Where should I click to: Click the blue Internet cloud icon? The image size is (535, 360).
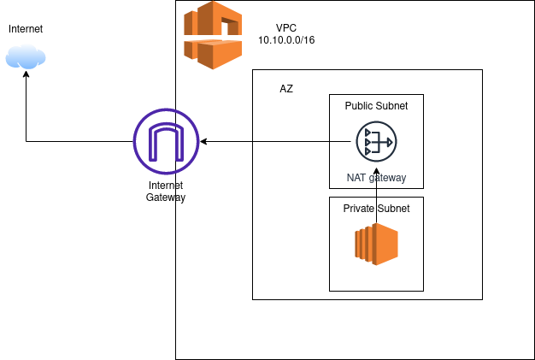click(26, 57)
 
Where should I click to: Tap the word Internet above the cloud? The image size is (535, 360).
click(26, 30)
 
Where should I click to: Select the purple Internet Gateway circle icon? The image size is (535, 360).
click(166, 141)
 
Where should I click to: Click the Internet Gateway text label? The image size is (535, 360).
click(166, 191)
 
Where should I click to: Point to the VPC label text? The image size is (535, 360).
click(287, 28)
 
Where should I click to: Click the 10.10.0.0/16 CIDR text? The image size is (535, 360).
click(287, 40)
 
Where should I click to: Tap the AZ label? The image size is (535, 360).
click(286, 89)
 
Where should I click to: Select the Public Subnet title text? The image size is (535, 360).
click(376, 106)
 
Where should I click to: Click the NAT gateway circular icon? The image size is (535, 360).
click(376, 141)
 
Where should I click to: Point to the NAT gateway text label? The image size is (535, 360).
click(376, 178)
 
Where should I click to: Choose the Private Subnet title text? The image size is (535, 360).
click(376, 209)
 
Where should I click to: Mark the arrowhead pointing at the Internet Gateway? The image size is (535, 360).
click(205, 141)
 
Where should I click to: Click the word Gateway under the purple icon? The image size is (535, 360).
click(166, 198)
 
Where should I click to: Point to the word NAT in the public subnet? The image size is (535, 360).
click(356, 178)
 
